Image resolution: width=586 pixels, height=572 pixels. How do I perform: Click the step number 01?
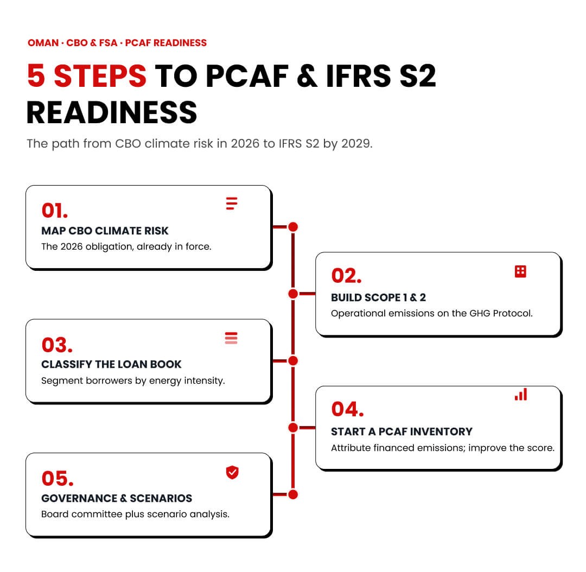[55, 211]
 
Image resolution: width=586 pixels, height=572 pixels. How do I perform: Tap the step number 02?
[346, 276]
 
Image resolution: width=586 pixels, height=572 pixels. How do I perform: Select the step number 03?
[57, 345]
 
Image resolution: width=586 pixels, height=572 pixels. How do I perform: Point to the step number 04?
[348, 409]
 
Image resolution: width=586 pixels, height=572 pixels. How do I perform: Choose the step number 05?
[58, 479]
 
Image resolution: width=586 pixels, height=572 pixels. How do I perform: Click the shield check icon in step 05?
[232, 473]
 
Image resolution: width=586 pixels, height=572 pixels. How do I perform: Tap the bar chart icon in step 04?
[521, 395]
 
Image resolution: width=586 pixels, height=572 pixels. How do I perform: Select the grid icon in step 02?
[520, 271]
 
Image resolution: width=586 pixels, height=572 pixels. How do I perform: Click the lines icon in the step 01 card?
[231, 204]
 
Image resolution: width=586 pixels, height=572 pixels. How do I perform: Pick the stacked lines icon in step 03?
[231, 338]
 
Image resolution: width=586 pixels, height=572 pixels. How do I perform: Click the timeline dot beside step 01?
[294, 227]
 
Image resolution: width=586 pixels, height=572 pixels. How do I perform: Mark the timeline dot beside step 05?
[294, 494]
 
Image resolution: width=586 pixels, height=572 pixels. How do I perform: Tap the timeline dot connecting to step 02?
[294, 294]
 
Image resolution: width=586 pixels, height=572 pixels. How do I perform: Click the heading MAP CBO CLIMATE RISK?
[105, 231]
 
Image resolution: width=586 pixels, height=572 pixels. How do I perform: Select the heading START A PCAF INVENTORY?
[402, 431]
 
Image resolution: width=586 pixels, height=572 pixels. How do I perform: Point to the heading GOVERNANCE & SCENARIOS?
[117, 498]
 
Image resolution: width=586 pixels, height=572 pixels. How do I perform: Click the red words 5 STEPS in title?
[87, 76]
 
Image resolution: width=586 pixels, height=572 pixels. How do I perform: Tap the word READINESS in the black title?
[112, 112]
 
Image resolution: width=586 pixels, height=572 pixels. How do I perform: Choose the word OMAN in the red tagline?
[43, 43]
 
